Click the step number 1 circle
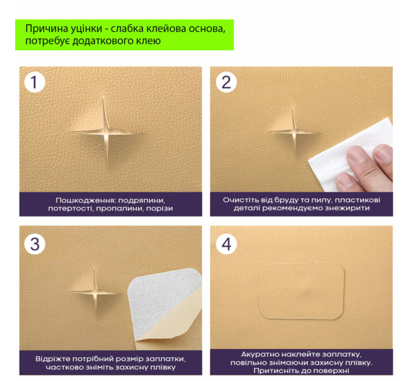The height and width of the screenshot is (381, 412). [x=35, y=82]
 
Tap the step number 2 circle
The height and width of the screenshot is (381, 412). [x=226, y=82]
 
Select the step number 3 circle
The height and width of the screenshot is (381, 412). [x=35, y=244]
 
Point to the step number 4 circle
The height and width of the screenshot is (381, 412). [x=226, y=244]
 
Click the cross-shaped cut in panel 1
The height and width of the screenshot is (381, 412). [x=106, y=132]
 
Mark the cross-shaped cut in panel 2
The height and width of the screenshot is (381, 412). [x=294, y=131]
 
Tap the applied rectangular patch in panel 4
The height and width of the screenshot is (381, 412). [x=301, y=291]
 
